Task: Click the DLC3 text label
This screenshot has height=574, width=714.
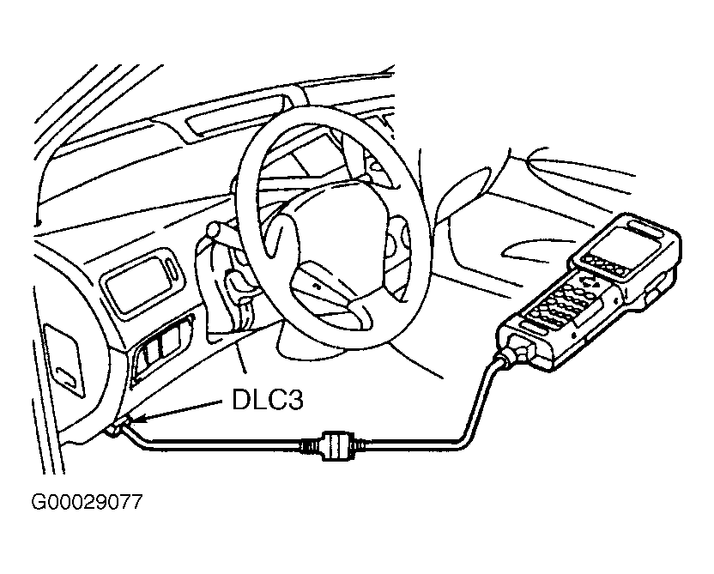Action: click(x=267, y=401)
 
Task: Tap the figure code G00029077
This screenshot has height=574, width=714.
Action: click(x=87, y=503)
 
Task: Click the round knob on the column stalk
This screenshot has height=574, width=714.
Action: click(x=213, y=229)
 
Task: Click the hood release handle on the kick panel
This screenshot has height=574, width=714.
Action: click(x=64, y=360)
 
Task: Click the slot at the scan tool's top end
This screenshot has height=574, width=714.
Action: click(x=642, y=227)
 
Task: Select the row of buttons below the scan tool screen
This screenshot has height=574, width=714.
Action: click(x=603, y=265)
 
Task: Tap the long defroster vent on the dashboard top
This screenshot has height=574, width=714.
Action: click(x=238, y=113)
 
